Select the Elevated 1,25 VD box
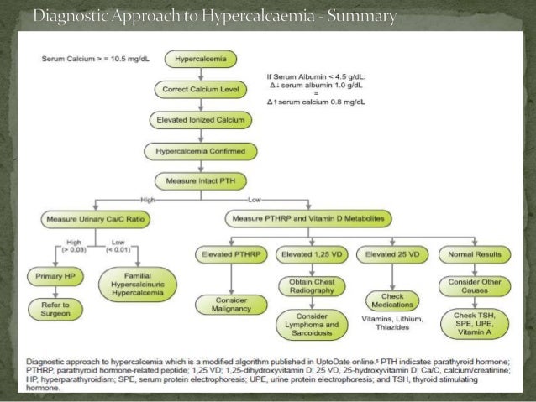click(311, 253)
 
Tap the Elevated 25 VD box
click(392, 253)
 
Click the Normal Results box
click(474, 253)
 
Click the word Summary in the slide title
click(355, 17)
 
